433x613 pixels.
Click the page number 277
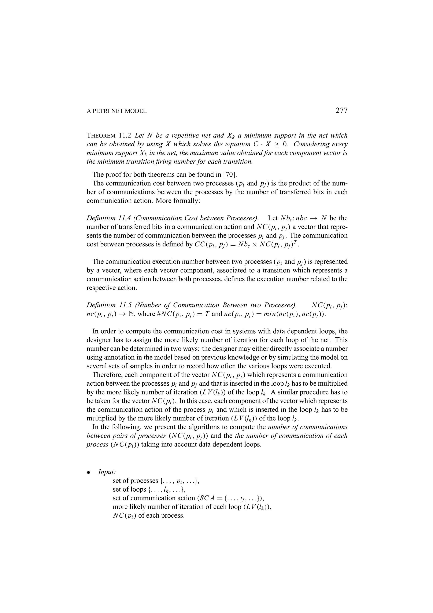(341, 111)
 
